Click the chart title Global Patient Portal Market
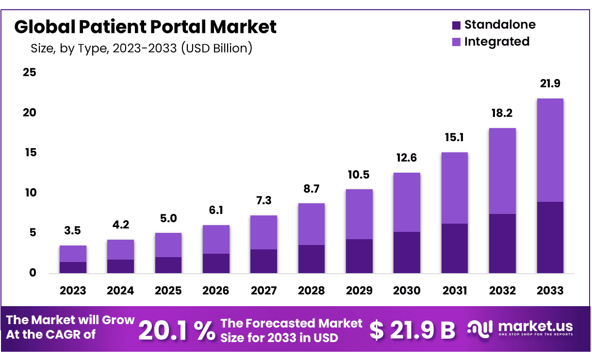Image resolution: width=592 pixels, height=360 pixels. pyautogui.click(x=145, y=27)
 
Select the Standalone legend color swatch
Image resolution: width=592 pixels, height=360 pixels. pyautogui.click(x=456, y=25)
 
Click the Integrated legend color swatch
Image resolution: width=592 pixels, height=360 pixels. pyautogui.click(x=456, y=42)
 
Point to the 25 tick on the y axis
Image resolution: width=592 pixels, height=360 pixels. pyautogui.click(x=29, y=73)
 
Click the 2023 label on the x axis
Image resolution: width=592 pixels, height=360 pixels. pyautogui.click(x=73, y=291)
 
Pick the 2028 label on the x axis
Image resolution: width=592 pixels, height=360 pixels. pyautogui.click(x=311, y=291)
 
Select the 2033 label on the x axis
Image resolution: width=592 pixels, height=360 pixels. pyautogui.click(x=550, y=291)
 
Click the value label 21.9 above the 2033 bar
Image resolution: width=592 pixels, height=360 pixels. pyautogui.click(x=550, y=83)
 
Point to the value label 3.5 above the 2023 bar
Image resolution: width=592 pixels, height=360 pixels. pyautogui.click(x=73, y=230)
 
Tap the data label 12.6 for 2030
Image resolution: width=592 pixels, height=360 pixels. pyautogui.click(x=407, y=158)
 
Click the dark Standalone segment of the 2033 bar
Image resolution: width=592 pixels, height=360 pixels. pyautogui.click(x=550, y=237)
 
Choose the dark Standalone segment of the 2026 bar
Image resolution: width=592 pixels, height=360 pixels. pyautogui.click(x=216, y=263)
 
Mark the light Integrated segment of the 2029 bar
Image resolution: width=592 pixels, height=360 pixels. pyautogui.click(x=359, y=214)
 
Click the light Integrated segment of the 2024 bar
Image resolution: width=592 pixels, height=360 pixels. pyautogui.click(x=120, y=249)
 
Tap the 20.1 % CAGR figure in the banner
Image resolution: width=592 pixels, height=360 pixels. pyautogui.click(x=177, y=330)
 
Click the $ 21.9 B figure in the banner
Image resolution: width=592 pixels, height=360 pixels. pyautogui.click(x=412, y=330)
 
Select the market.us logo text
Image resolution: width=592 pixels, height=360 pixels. pyautogui.click(x=534, y=326)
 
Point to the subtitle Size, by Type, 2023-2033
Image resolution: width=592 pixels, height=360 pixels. pyautogui.click(x=141, y=49)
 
